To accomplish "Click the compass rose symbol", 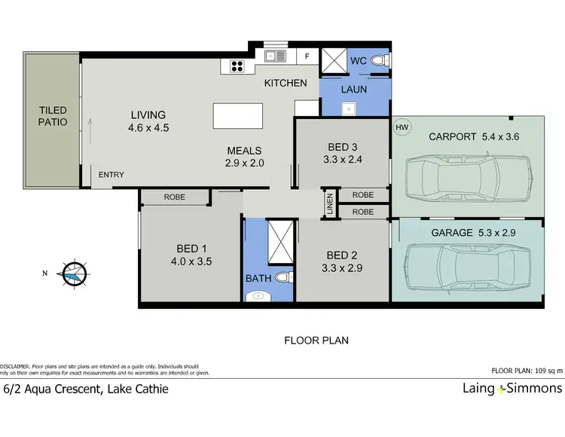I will [x=73, y=273].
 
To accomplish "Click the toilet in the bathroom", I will [x=282, y=277].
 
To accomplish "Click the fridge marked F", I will [x=307, y=57].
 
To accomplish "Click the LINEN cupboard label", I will [x=329, y=203].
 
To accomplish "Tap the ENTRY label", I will [x=111, y=176].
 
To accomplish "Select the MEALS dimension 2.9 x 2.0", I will [x=244, y=162].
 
